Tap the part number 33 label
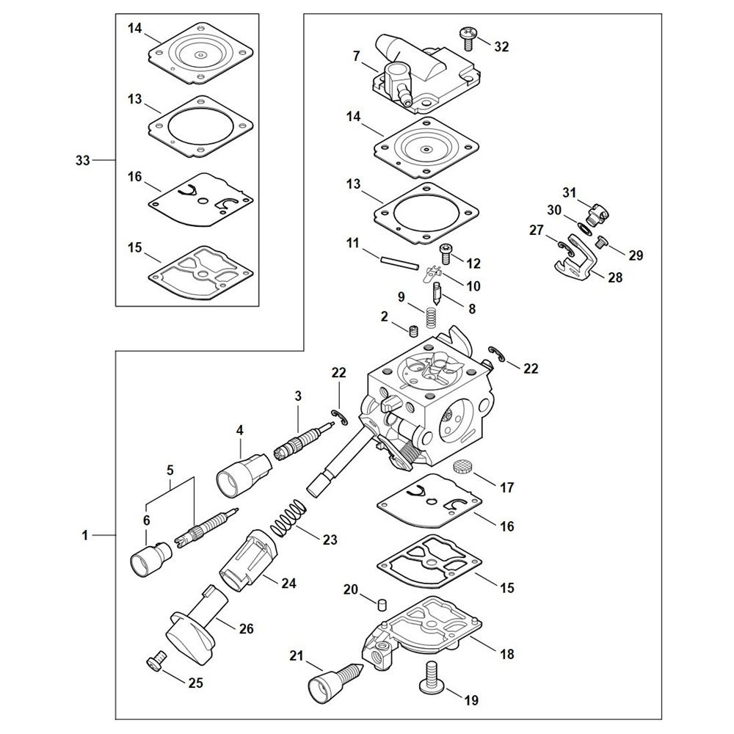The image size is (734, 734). coord(81,159)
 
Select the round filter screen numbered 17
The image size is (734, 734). coord(463,467)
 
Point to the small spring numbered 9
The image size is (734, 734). coord(433,318)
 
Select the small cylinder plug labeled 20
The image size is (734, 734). coord(382,604)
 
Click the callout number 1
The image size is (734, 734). coord(85,536)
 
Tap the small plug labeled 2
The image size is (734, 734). coord(413,331)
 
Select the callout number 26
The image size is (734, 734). coord(247,629)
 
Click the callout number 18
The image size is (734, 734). coord(506,653)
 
